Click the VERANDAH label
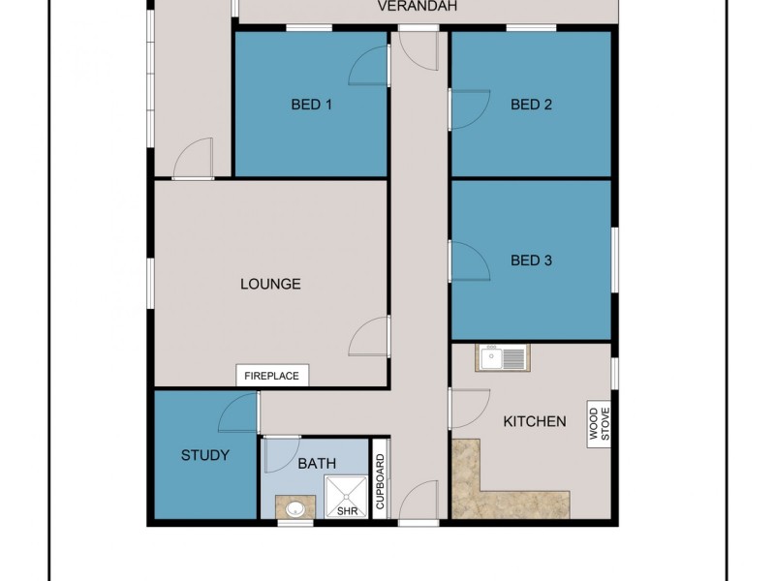(417, 7)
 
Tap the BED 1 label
(312, 105)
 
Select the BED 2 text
(531, 105)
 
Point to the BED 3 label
(531, 260)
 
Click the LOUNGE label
(270, 284)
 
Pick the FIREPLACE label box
(272, 376)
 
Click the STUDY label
(205, 455)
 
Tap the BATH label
(317, 464)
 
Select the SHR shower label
(346, 510)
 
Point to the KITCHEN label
(534, 421)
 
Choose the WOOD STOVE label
(600, 424)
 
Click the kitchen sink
(501, 359)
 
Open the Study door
(239, 413)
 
